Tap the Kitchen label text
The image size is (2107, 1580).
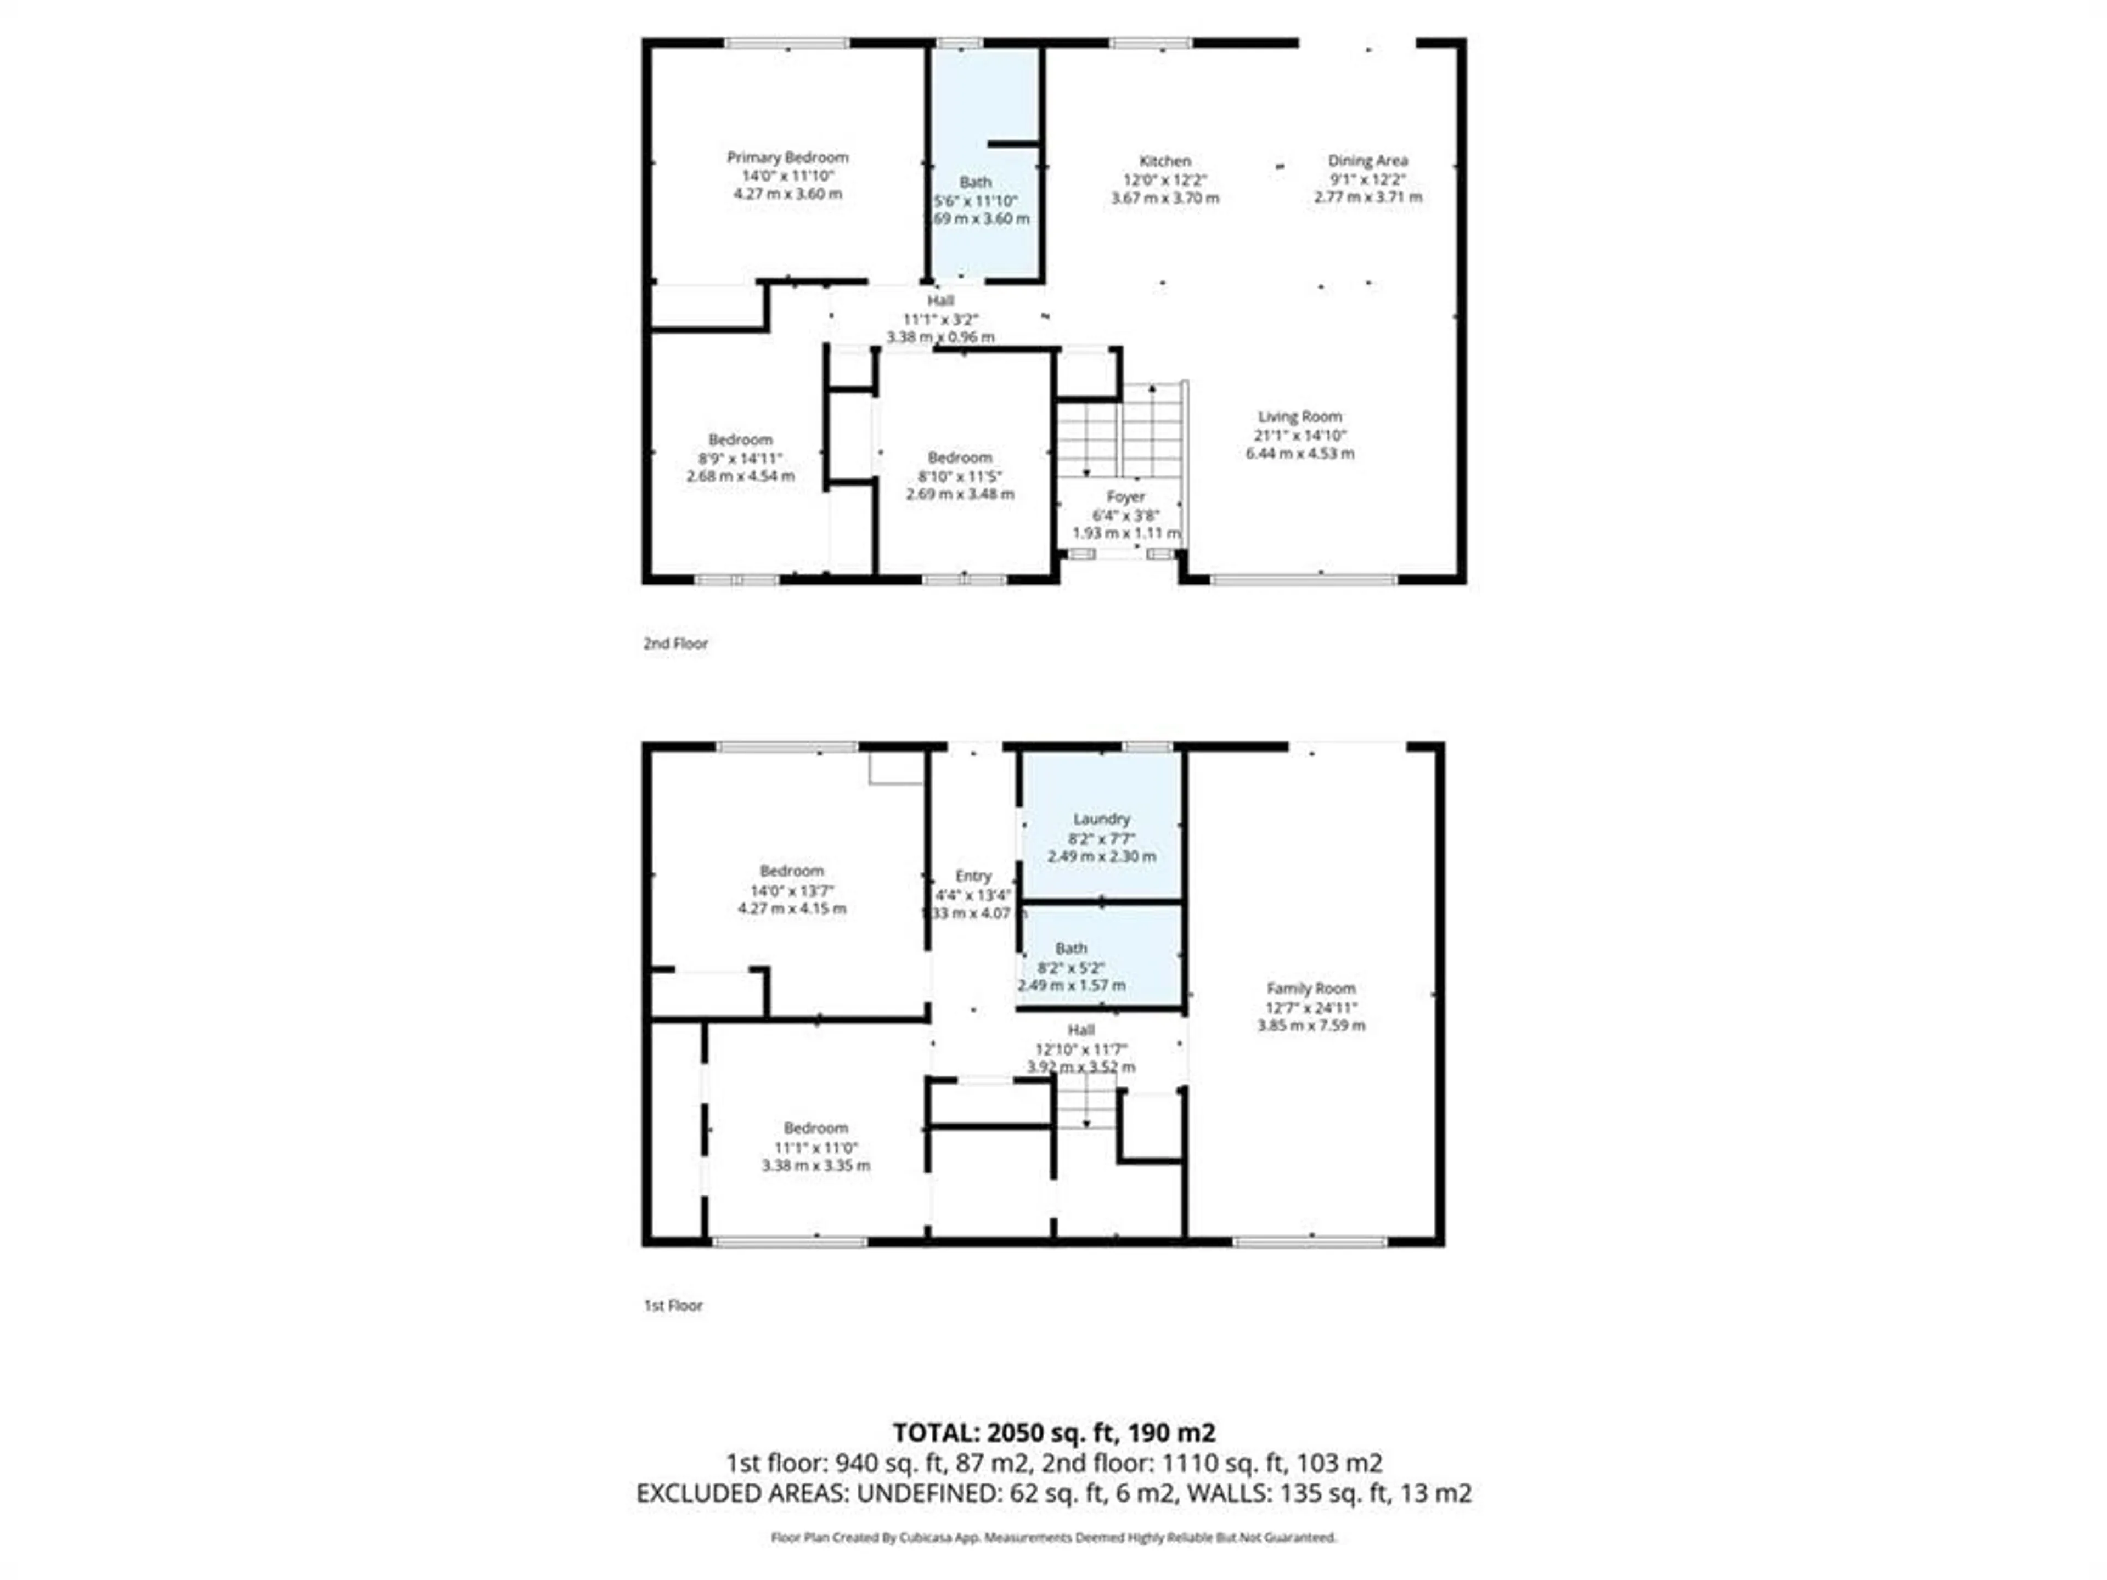pos(1164,161)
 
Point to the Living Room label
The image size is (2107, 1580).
pos(1299,416)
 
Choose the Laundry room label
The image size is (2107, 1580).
pos(1101,819)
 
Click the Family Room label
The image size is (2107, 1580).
pos(1311,989)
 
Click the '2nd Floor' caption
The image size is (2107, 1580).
pos(675,644)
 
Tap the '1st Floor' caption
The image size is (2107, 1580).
pos(673,1306)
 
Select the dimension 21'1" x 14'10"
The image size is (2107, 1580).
pos(1299,435)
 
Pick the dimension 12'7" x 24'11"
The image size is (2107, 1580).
pos(1311,1008)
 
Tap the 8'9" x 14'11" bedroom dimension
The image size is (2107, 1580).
pos(740,458)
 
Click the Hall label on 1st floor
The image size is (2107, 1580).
pos(1080,1030)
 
